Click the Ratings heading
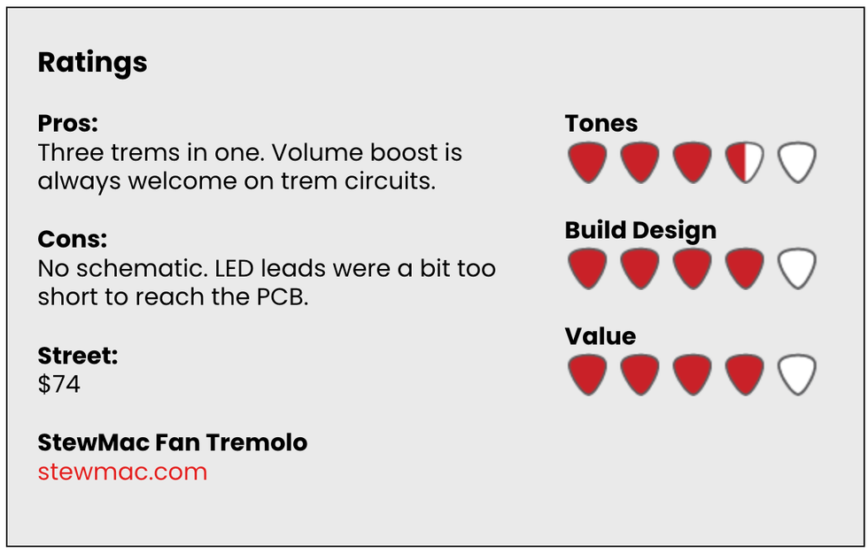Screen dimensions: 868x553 click(92, 63)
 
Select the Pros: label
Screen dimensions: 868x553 click(67, 123)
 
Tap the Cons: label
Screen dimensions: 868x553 click(73, 240)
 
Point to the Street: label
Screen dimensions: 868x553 click(78, 356)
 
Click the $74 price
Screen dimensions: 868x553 click(59, 384)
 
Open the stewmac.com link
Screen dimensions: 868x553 click(122, 472)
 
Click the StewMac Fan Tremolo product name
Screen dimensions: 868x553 click(173, 442)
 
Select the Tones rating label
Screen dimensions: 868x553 click(601, 123)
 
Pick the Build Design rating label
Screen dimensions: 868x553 click(640, 231)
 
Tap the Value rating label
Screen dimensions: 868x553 click(601, 336)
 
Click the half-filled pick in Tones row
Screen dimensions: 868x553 click(745, 162)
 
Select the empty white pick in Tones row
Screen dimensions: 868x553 click(797, 162)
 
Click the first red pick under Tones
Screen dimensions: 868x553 click(587, 162)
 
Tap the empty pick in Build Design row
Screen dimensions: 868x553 click(797, 268)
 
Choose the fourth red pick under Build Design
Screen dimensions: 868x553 click(745, 268)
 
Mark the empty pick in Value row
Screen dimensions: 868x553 click(797, 374)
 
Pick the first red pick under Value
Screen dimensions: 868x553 click(587, 374)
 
